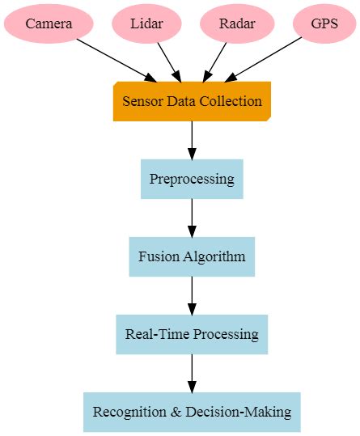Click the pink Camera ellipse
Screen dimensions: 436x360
click(x=49, y=23)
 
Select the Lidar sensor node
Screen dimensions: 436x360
click(x=146, y=23)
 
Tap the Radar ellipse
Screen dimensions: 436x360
click(x=237, y=23)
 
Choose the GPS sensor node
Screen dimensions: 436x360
click(x=324, y=23)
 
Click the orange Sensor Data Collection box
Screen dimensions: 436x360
click(x=192, y=101)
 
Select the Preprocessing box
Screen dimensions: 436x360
click(x=192, y=179)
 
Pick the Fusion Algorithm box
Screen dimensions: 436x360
click(x=192, y=256)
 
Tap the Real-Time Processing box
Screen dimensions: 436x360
click(x=192, y=334)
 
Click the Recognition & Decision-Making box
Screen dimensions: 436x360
click(x=192, y=412)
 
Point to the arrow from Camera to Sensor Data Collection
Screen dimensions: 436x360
click(x=114, y=60)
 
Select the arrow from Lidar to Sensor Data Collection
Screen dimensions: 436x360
click(x=167, y=60)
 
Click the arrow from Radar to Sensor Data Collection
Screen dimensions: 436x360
click(x=216, y=60)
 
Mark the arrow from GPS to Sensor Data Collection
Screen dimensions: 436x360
click(x=267, y=60)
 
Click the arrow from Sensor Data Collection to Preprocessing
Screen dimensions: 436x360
click(x=192, y=140)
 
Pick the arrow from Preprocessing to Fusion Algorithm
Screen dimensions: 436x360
click(x=192, y=218)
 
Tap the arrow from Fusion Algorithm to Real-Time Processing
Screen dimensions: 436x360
click(x=192, y=295)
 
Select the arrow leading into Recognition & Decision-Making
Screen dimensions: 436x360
click(x=192, y=373)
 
